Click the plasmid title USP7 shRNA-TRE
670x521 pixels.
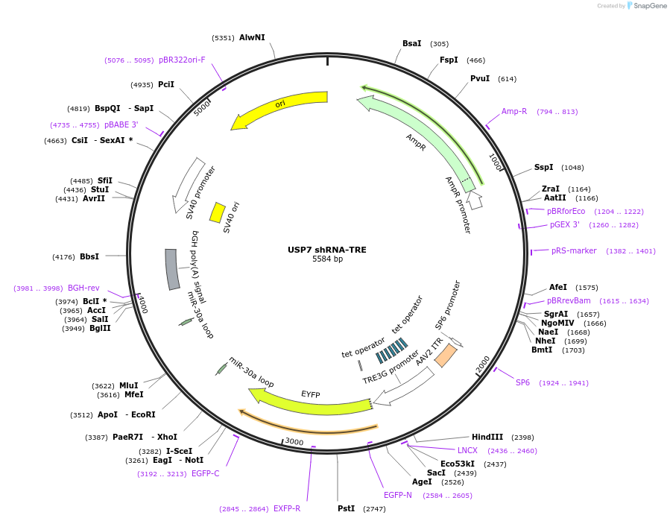pyautogui.click(x=327, y=250)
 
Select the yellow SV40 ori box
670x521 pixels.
pyautogui.click(x=217, y=212)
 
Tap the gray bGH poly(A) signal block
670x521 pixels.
pyautogui.click(x=172, y=269)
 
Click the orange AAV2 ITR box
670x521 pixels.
pyautogui.click(x=445, y=355)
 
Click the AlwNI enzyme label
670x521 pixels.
pyautogui.click(x=252, y=37)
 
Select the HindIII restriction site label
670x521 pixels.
pyautogui.click(x=487, y=437)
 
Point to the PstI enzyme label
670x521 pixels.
pyautogui.click(x=346, y=508)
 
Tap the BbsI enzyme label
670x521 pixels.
pyautogui.click(x=89, y=256)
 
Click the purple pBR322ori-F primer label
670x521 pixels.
pyautogui.click(x=182, y=60)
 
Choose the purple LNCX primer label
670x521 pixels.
pyautogui.click(x=467, y=450)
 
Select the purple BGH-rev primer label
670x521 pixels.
pyautogui.click(x=83, y=288)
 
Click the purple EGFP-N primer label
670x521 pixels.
pyautogui.click(x=398, y=495)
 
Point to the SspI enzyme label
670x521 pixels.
pyautogui.click(x=544, y=167)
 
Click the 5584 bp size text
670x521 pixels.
pyautogui.click(x=327, y=259)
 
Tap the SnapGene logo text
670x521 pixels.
pyautogui.click(x=650, y=6)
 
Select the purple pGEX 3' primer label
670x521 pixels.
pyautogui.click(x=564, y=224)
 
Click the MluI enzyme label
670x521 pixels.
pyautogui.click(x=129, y=385)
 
